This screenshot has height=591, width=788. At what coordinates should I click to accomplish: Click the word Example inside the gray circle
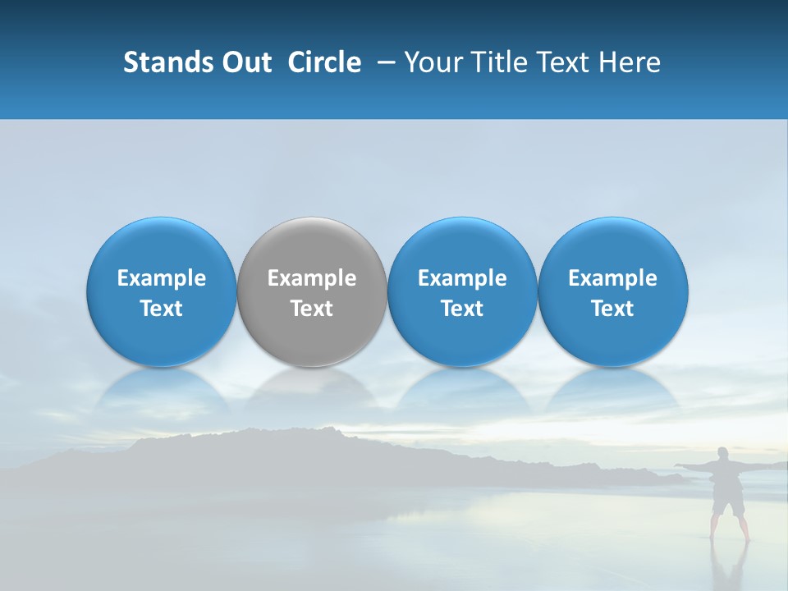point(312,278)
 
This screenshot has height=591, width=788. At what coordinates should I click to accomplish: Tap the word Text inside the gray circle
point(312,309)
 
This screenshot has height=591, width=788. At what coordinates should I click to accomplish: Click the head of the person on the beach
point(723,454)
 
